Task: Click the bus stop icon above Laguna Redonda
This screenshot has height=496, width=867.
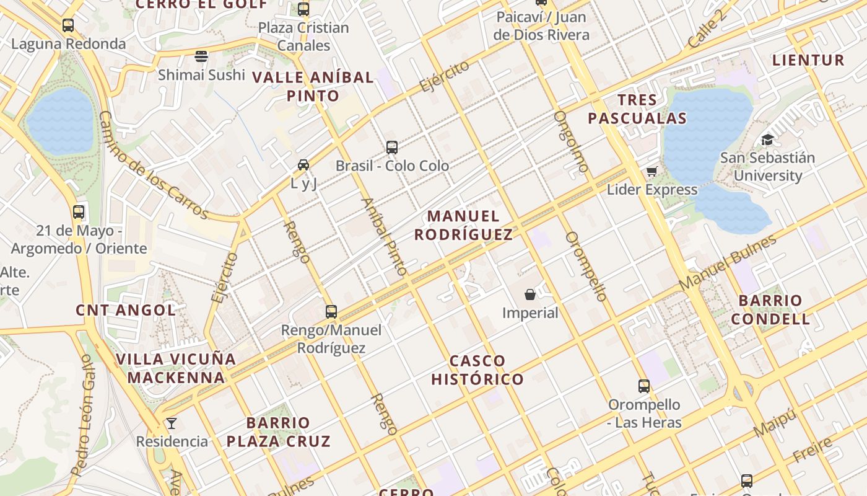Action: (x=68, y=25)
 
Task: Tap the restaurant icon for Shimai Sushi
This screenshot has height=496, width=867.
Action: (x=201, y=56)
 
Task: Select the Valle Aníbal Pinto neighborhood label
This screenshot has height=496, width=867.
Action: (x=313, y=87)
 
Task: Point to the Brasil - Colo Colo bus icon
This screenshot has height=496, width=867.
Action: (x=392, y=148)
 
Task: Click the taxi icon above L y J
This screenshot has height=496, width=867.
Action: (x=303, y=165)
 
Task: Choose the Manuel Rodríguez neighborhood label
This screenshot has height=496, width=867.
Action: (x=463, y=225)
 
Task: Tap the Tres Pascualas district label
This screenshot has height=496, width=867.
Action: (x=637, y=109)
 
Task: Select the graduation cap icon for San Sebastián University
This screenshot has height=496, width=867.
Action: (x=767, y=139)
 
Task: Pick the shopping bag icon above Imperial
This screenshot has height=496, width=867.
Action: (x=530, y=294)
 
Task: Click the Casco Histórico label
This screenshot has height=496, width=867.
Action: (x=477, y=370)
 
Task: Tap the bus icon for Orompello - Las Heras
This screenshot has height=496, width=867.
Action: (x=644, y=386)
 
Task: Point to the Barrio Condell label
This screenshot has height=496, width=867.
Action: (x=770, y=310)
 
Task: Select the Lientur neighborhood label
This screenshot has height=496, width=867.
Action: (x=808, y=60)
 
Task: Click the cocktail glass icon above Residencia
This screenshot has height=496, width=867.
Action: (x=172, y=423)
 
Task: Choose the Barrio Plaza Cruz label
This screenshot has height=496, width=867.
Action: (x=278, y=432)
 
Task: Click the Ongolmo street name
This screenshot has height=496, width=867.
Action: (x=570, y=141)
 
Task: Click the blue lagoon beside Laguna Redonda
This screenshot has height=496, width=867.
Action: (x=61, y=122)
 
